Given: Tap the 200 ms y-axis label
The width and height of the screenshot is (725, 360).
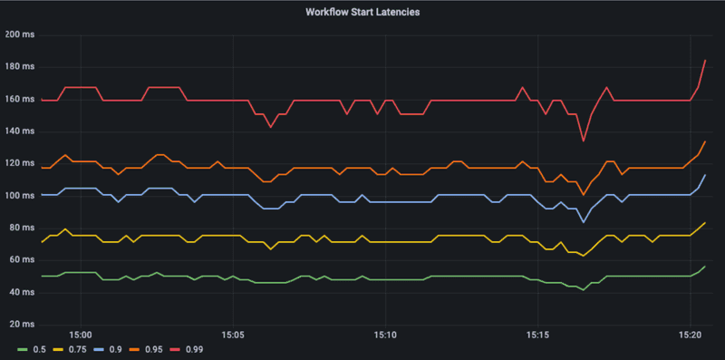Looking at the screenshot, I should click(x=19, y=35).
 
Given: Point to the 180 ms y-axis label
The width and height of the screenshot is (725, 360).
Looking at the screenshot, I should click(x=19, y=67).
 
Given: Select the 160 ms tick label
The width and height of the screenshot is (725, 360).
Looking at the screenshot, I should click(x=19, y=100).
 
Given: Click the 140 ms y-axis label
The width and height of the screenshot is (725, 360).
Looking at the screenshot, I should click(x=19, y=131).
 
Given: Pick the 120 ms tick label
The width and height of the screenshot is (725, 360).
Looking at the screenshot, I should click(x=19, y=164).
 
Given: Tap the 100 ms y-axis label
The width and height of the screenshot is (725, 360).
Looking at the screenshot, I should click(x=19, y=196).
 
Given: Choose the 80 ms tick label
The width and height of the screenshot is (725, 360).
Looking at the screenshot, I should click(x=21, y=229).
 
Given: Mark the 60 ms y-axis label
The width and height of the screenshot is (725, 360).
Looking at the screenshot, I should click(x=21, y=260).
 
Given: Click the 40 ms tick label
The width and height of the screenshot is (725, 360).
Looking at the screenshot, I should click(x=21, y=293).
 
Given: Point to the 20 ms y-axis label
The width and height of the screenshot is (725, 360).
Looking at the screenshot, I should click(x=21, y=325).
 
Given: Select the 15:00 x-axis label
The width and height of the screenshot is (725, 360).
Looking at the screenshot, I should click(x=80, y=336).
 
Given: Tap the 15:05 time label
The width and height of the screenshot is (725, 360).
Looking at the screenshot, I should click(x=233, y=336).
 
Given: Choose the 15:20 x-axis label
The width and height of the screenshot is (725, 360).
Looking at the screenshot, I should click(x=690, y=336).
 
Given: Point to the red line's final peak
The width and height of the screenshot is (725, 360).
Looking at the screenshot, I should click(x=705, y=60).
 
